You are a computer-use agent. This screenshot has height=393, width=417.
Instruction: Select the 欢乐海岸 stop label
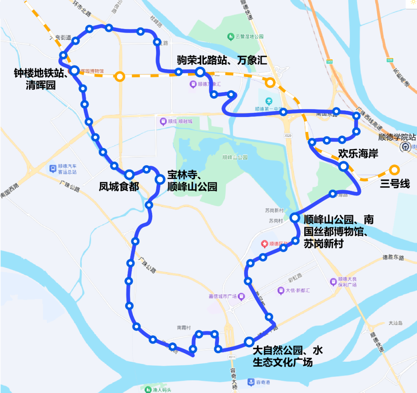click(358, 153)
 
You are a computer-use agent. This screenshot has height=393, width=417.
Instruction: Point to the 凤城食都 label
click(119, 187)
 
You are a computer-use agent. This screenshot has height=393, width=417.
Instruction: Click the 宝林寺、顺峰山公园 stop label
click(192, 181)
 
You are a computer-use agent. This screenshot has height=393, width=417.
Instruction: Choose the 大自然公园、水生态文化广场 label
click(288, 356)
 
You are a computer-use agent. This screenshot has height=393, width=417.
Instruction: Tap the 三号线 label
click(395, 184)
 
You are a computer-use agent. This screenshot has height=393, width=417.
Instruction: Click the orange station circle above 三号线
click(394, 169)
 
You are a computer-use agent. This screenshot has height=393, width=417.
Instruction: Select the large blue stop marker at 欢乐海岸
click(343, 166)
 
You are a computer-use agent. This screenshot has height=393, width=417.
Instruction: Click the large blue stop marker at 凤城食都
click(129, 174)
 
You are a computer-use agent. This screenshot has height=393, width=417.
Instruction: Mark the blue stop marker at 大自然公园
click(249, 341)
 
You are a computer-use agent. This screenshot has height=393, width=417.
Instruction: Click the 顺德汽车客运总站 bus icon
click(53, 168)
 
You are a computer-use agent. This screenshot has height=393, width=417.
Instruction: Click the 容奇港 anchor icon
click(251, 382)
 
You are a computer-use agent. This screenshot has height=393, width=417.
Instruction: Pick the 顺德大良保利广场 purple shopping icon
click(333, 282)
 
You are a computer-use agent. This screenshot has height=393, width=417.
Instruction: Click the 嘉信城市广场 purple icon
click(241, 296)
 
